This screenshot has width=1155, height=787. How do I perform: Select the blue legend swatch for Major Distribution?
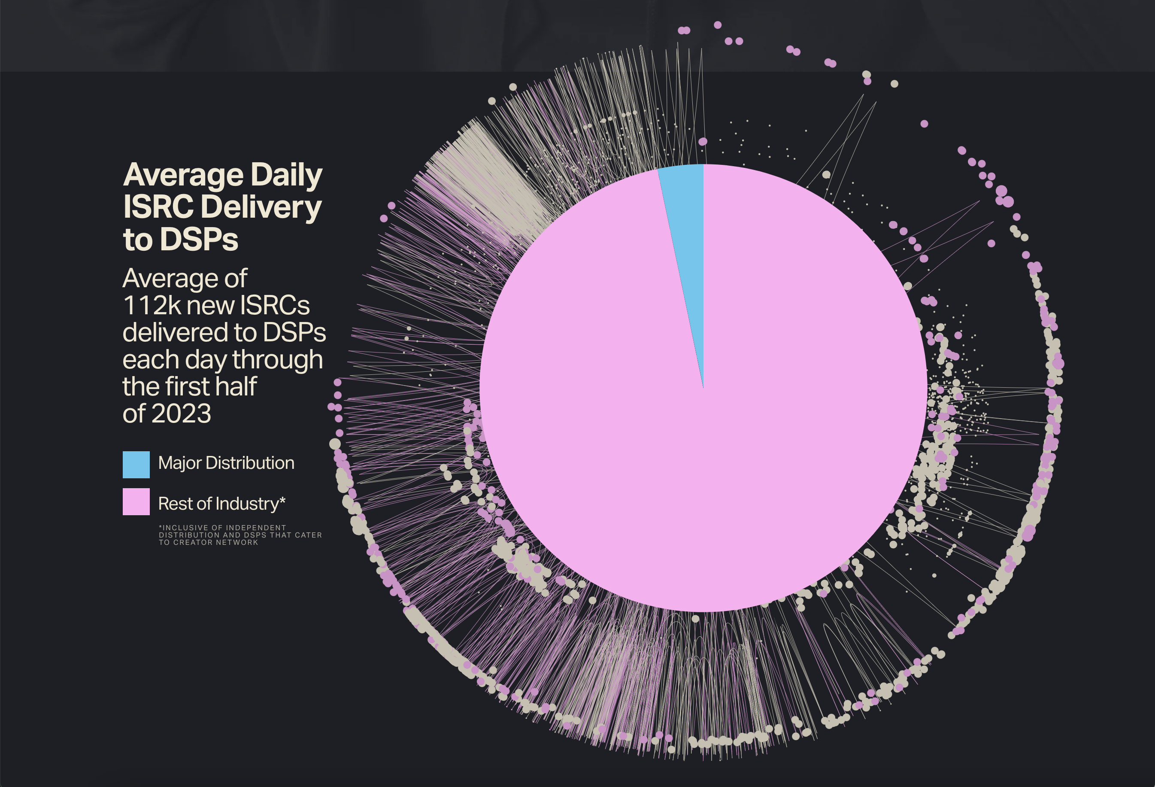pos(136,465)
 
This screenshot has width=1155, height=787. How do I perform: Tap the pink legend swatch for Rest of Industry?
pos(136,501)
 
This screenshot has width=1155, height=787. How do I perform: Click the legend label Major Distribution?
pos(226,463)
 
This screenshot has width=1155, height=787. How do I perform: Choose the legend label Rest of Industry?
pos(218,504)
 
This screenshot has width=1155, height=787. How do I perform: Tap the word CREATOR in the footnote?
pos(194,542)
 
